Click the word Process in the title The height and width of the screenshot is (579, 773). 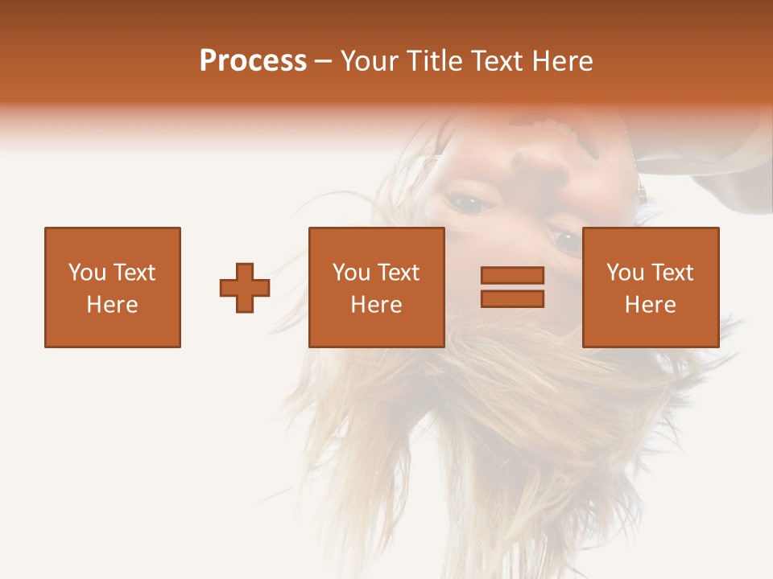(253, 61)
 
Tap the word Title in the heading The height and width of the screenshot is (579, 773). (435, 61)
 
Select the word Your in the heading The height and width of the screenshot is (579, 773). (370, 61)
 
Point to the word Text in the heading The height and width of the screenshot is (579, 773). (497, 61)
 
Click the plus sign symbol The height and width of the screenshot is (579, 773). (245, 288)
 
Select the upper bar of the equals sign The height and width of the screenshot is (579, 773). (512, 276)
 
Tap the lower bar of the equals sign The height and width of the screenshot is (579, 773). (512, 298)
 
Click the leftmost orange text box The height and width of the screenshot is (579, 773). (112, 287)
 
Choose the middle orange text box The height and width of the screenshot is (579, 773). (376, 287)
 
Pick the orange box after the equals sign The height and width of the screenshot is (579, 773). (650, 287)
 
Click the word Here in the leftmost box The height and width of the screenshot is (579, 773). (112, 305)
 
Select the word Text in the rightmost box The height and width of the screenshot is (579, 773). (672, 273)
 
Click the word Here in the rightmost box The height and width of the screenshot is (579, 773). (650, 305)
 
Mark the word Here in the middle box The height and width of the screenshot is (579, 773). (376, 305)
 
